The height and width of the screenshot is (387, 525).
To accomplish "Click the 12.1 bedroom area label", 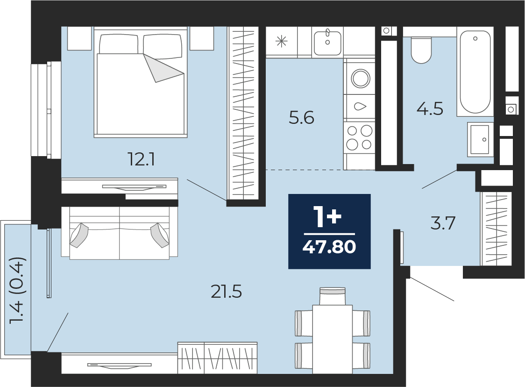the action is point(142,159).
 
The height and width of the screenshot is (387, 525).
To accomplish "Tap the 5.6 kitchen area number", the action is point(301,118).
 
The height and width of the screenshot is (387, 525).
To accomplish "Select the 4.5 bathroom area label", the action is point(430,109).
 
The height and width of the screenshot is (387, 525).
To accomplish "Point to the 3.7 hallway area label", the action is point(443,223).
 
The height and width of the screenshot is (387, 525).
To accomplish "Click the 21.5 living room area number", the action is point(227,292).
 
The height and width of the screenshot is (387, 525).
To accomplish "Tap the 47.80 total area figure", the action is point(329,247).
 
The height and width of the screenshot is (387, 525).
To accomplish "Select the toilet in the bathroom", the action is point(421,50).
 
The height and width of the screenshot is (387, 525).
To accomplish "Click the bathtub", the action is point(475,72).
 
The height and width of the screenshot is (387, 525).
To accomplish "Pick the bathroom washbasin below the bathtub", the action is point(480,139).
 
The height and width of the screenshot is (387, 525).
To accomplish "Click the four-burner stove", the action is point(359,137).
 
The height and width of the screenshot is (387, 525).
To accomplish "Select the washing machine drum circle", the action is point(361,78).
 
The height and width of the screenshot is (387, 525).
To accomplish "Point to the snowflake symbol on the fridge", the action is point(281,42).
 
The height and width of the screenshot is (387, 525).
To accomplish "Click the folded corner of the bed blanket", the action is point(164,68).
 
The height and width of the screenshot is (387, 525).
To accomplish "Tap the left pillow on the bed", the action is point(119,43).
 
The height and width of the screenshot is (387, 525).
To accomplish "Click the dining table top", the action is point(332,339).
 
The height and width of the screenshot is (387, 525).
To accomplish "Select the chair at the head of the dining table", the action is point(333,296).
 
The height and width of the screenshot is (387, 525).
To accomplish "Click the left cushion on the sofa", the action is point(78,235).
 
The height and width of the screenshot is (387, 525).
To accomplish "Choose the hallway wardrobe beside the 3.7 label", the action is point(496,229).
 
